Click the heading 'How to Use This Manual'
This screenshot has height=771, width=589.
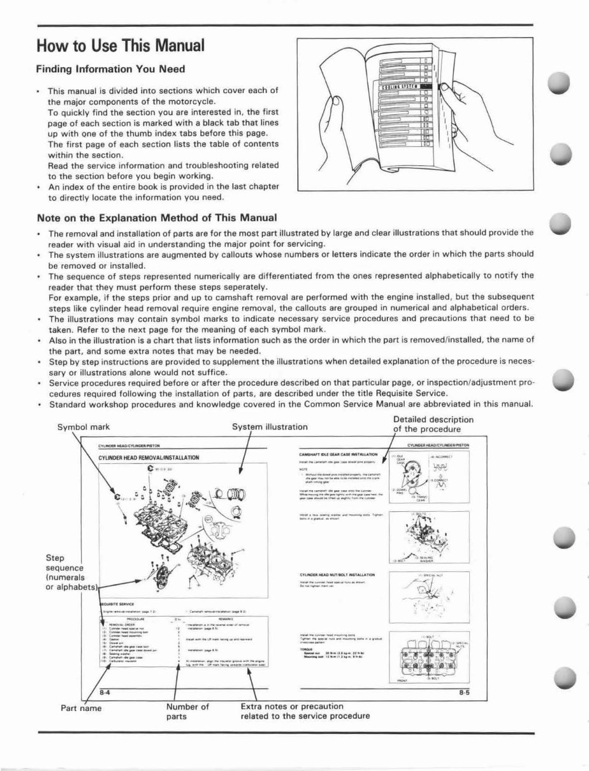[120, 47]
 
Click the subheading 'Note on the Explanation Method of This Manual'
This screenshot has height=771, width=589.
[157, 218]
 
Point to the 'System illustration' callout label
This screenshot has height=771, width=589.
[270, 426]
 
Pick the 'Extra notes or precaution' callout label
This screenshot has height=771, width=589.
[293, 706]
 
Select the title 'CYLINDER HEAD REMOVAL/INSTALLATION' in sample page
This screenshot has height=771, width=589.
[149, 458]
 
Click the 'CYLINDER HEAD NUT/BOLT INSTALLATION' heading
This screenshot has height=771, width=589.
[337, 574]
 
